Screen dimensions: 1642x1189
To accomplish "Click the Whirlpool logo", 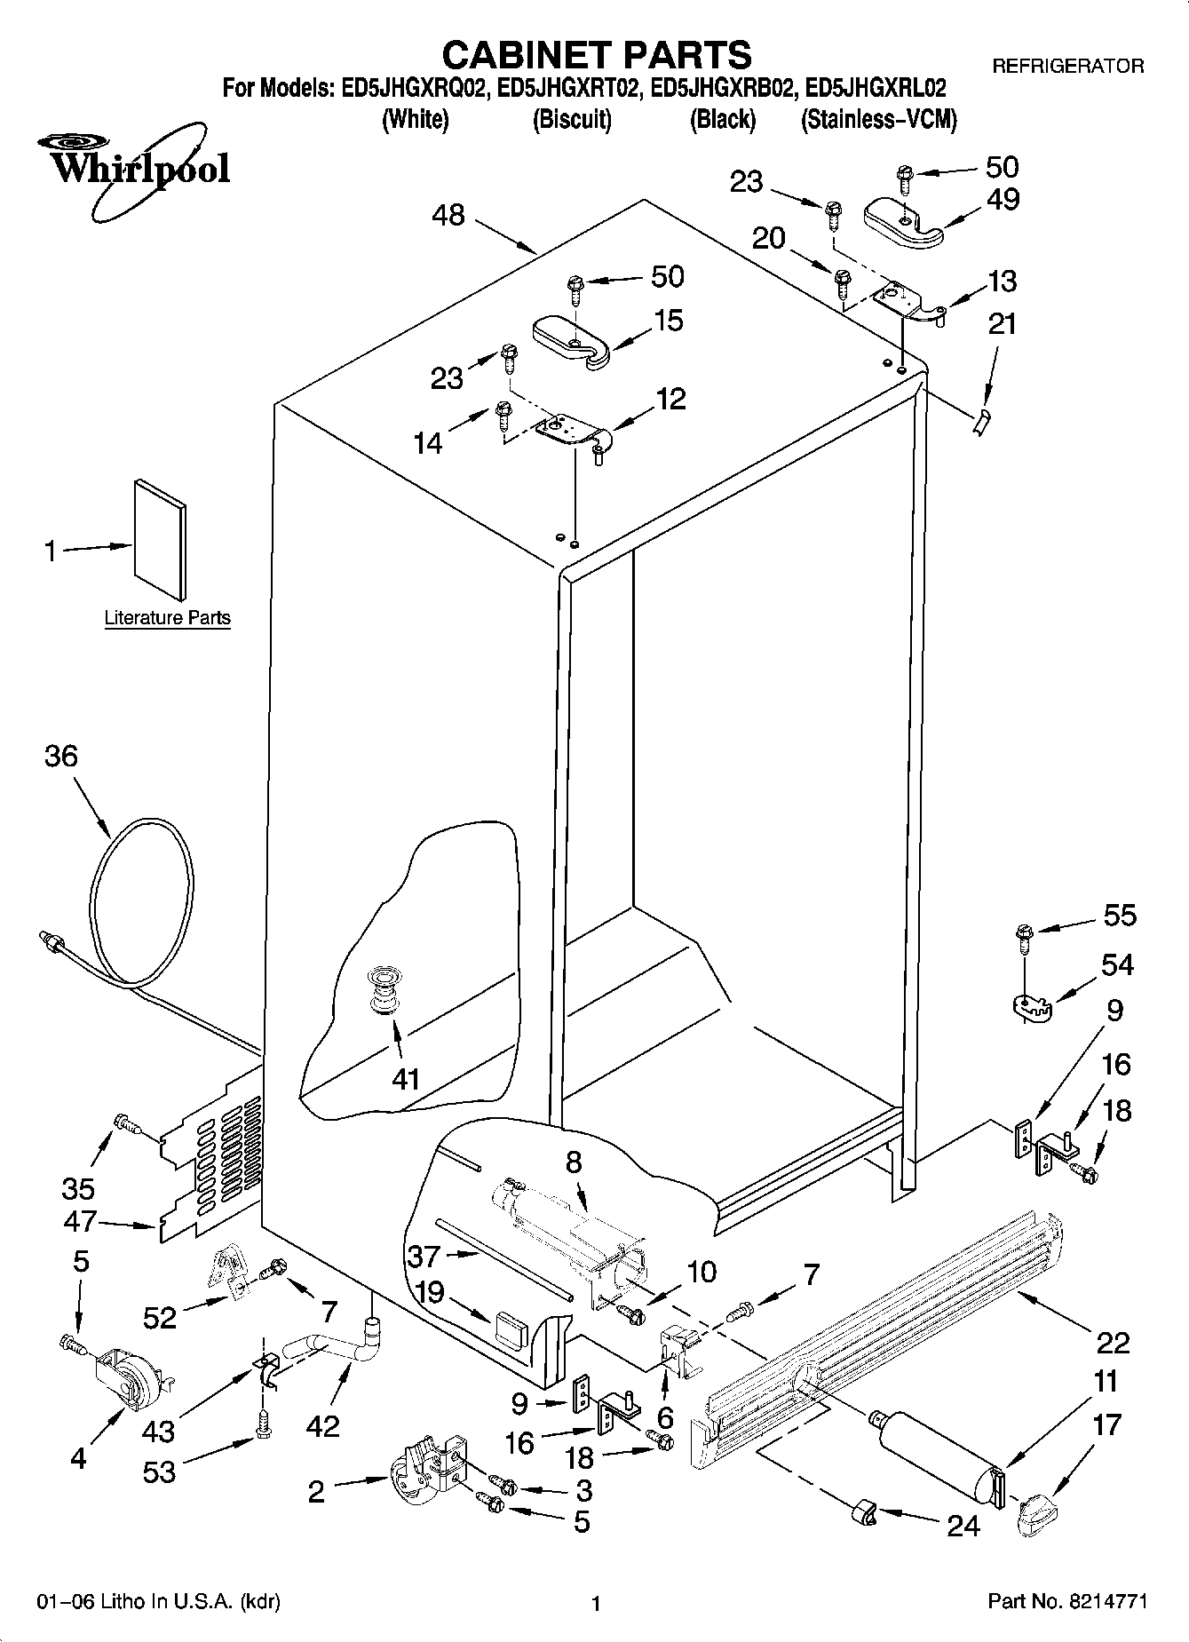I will [x=133, y=169].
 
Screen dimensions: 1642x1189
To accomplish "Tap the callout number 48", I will [x=449, y=215].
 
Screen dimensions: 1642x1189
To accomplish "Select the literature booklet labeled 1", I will [x=161, y=538].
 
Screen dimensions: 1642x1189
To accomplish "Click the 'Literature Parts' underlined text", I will [x=167, y=618].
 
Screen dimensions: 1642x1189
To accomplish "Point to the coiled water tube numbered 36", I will [x=142, y=897].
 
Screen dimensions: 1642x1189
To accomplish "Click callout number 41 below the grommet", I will [x=406, y=1079].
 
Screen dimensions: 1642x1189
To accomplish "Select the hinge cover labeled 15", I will [x=571, y=341].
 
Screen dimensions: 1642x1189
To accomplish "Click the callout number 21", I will [x=1002, y=323].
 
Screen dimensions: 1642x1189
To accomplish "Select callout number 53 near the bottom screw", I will [x=160, y=1472].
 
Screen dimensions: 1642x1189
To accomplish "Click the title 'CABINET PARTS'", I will [x=596, y=55].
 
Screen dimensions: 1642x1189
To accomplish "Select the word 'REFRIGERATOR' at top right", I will [x=1067, y=66].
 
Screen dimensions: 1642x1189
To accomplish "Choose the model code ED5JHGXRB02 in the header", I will [x=723, y=89].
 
